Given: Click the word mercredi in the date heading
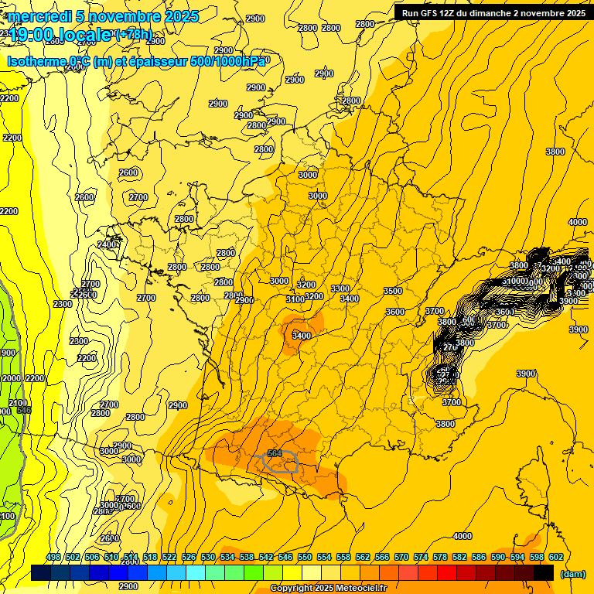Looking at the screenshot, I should (x=34, y=16).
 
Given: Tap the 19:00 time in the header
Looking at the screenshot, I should (x=31, y=35).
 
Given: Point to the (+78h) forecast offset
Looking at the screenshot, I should (x=133, y=34).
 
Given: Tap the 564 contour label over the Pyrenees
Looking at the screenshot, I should (x=274, y=453).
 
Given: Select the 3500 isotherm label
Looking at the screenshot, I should (x=393, y=291).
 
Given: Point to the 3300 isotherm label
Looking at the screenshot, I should (x=340, y=288).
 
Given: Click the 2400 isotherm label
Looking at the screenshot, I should (x=108, y=244).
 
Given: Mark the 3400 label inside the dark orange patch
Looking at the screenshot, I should (x=302, y=336).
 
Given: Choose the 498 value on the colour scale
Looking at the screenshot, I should (x=53, y=557).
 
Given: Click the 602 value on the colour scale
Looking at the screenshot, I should (x=555, y=557).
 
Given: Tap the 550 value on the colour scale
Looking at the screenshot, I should (x=305, y=557).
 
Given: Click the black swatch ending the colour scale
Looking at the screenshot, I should (x=544, y=572).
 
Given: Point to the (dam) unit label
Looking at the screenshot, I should (x=572, y=574).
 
